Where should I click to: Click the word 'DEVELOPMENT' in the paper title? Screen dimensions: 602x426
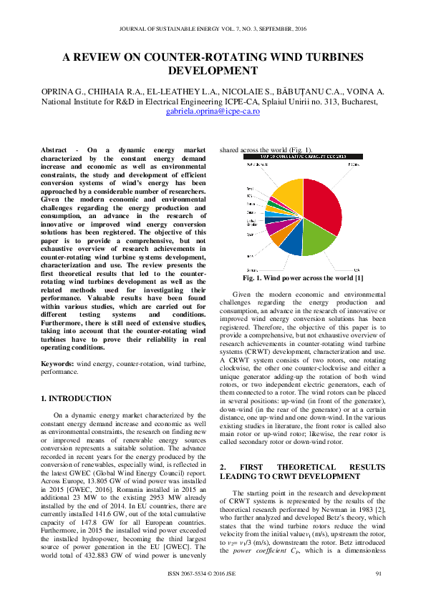[212, 71]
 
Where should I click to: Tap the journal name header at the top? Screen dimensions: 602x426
[213, 29]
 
